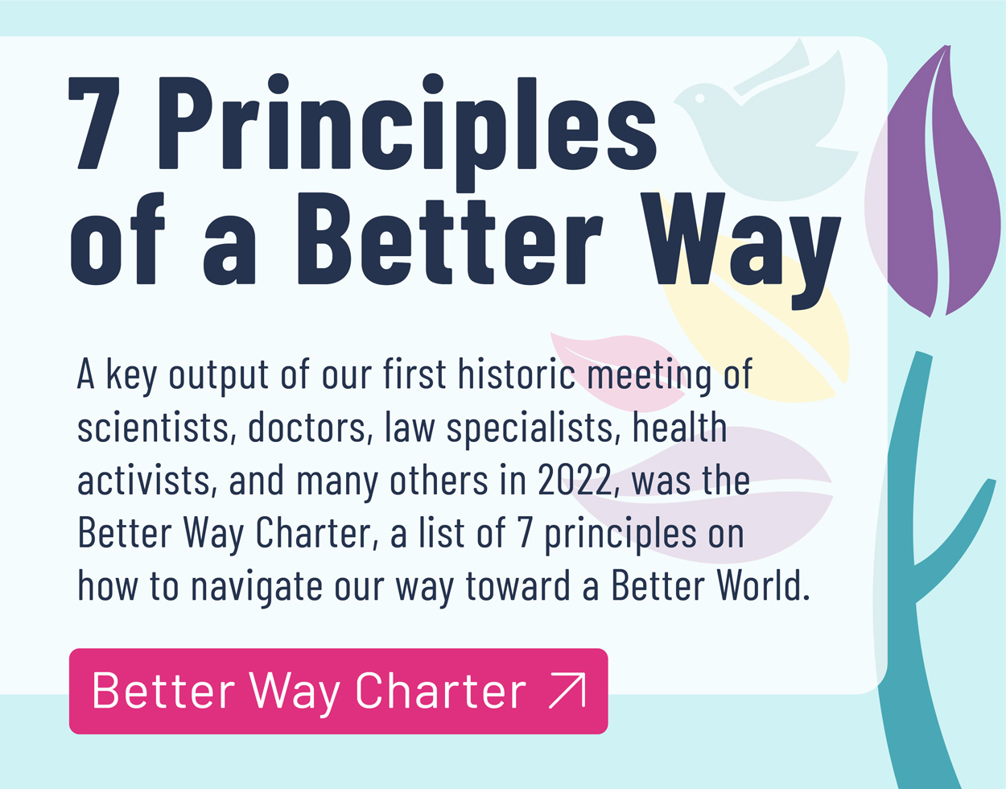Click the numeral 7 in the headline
tap(95, 122)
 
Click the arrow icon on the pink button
tap(567, 692)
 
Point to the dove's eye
tap(699, 98)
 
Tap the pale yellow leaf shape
tap(773, 338)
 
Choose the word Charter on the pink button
tap(441, 691)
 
